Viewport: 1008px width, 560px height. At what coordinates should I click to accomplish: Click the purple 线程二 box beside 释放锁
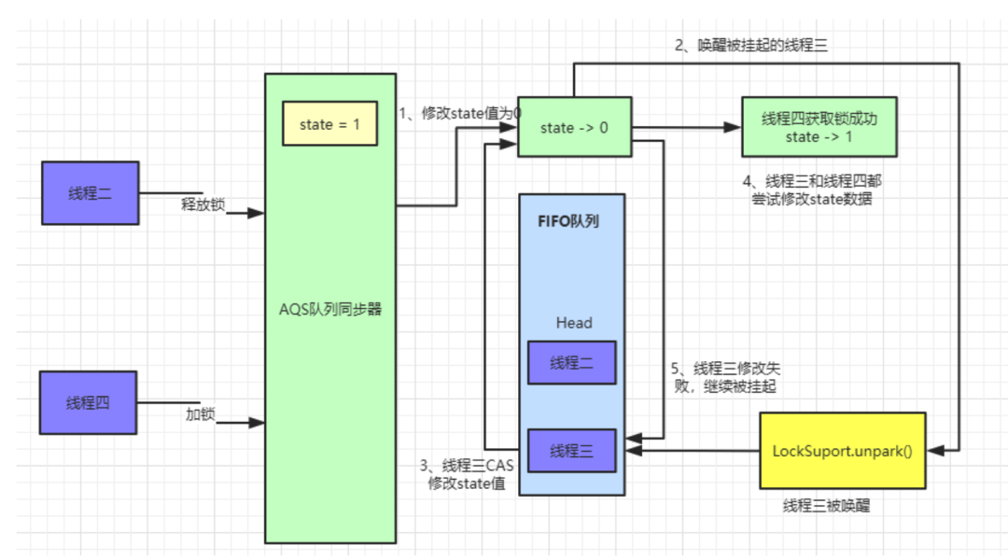point(90,193)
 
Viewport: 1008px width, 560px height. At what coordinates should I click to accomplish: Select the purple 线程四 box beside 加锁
point(88,403)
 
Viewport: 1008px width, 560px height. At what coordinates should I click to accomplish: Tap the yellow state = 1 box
point(329,124)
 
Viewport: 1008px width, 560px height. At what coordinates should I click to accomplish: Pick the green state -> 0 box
point(574,128)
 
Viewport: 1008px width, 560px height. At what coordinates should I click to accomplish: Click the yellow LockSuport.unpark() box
point(842,451)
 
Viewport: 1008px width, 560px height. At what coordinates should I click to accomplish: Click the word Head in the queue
point(574,323)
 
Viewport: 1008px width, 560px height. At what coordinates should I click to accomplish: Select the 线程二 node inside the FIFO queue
point(571,362)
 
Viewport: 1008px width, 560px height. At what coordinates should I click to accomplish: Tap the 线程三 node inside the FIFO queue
point(571,451)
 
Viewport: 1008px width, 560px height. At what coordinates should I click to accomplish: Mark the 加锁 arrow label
point(200,414)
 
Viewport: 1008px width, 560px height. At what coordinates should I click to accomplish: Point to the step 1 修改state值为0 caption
point(459,113)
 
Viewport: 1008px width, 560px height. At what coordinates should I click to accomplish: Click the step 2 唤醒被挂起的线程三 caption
point(752,45)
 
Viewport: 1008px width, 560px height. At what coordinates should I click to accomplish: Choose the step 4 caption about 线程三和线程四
point(806,189)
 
